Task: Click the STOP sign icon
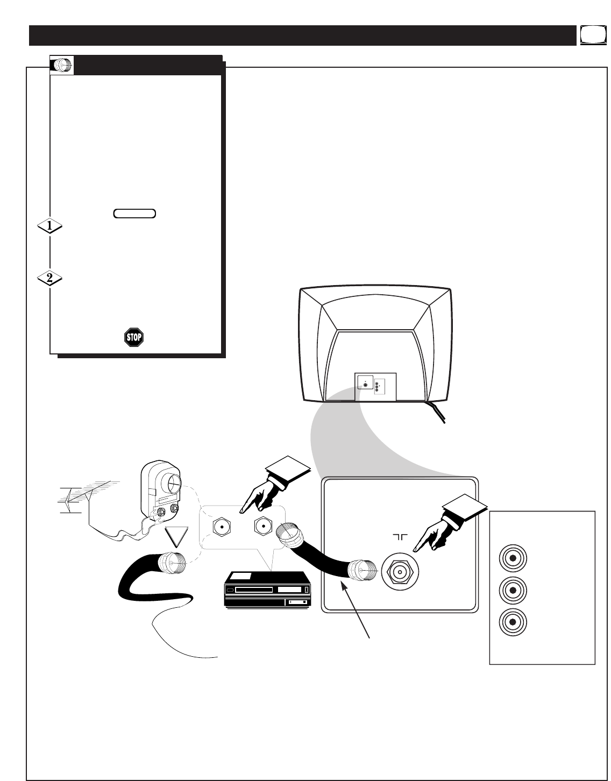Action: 134,337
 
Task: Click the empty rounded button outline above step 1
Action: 134,214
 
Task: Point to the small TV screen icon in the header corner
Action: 591,35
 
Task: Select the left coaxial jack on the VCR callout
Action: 222,528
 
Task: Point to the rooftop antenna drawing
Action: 86,498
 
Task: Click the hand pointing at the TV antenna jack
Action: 441,531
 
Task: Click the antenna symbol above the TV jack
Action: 400,537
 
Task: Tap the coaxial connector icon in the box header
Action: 62,65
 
